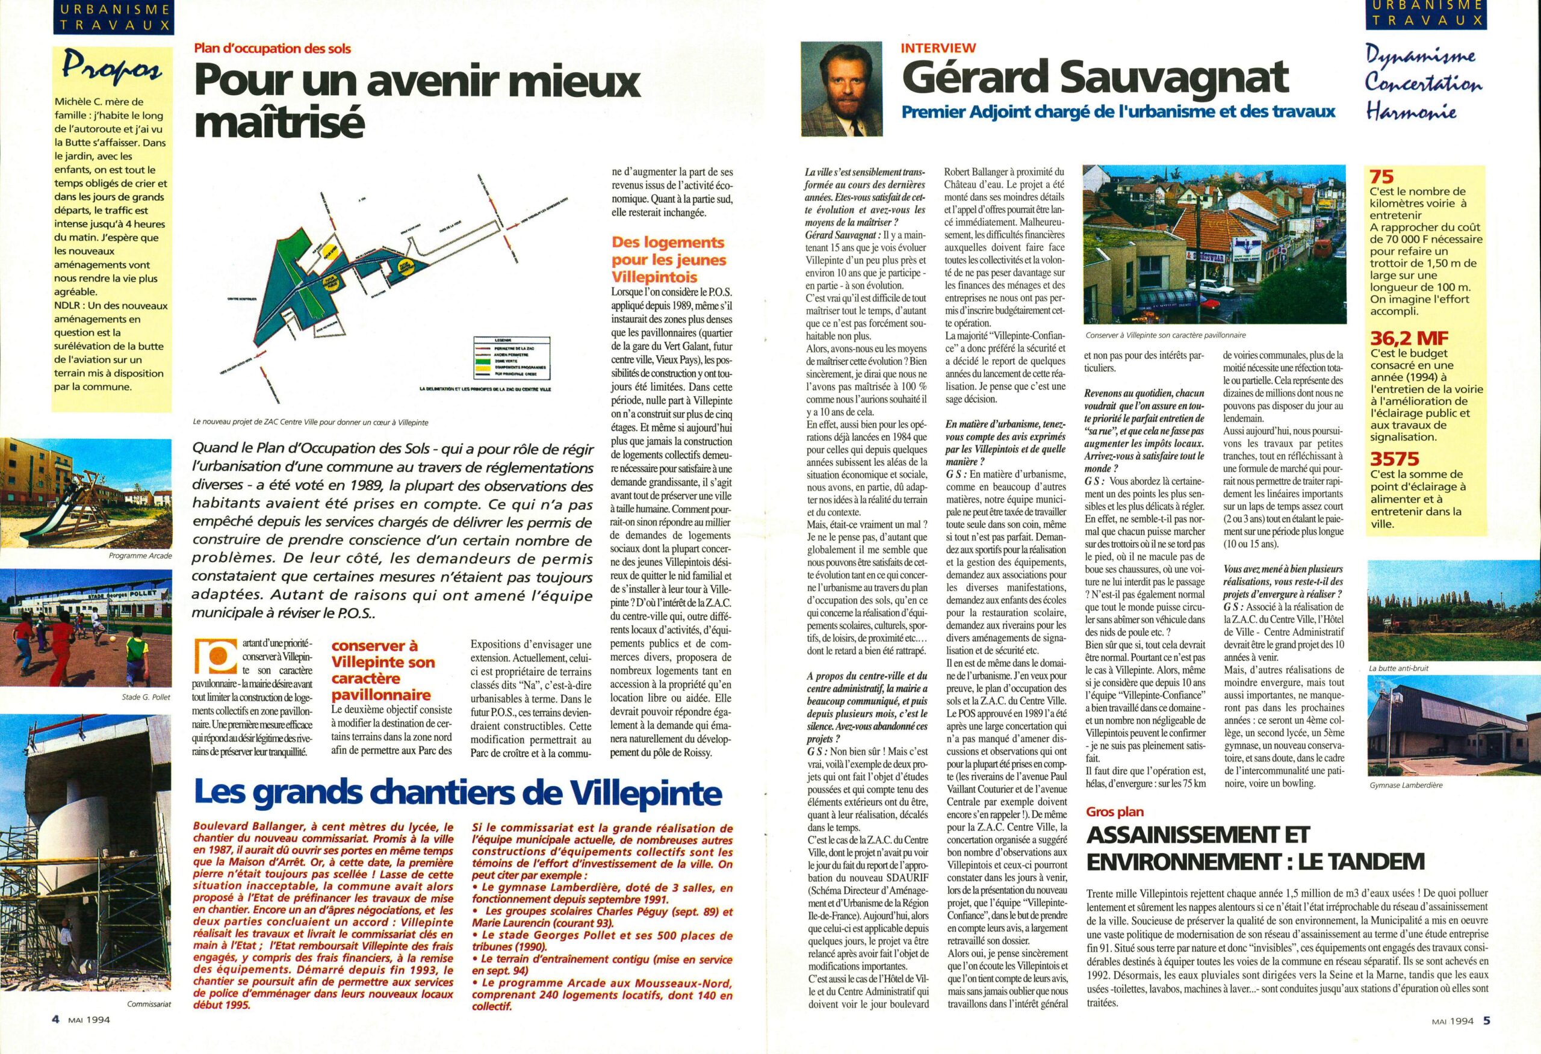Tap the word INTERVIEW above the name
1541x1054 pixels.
[938, 48]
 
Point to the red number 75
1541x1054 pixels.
[1383, 177]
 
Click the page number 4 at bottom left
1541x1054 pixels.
[57, 1039]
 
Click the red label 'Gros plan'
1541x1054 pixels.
[1115, 812]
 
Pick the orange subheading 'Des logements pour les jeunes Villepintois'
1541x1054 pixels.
[668, 259]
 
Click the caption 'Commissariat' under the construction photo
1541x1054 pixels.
[149, 1004]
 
